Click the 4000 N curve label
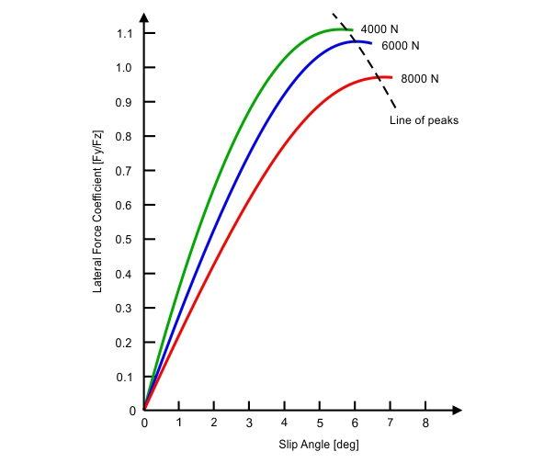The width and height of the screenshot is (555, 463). (x=379, y=28)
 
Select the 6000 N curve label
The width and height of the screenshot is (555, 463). (x=401, y=45)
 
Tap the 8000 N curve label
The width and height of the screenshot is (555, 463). (x=420, y=79)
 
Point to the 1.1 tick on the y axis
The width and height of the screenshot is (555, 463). (x=129, y=33)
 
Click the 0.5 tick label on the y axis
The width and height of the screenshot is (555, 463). (x=129, y=239)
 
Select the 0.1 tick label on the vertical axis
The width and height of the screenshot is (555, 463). (x=129, y=377)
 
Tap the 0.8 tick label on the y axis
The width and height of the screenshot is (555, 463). (x=129, y=136)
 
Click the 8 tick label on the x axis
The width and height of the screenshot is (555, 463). (x=425, y=423)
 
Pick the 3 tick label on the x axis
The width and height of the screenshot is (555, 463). (x=249, y=423)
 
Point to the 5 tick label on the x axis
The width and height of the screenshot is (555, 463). (x=320, y=423)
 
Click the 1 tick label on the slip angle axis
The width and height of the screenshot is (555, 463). (x=179, y=423)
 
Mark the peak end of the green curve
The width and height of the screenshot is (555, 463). (x=352, y=29)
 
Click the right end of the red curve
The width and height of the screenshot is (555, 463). (x=392, y=78)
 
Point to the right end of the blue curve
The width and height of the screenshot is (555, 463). (x=372, y=43)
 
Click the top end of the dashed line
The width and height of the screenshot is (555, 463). (x=333, y=13)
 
